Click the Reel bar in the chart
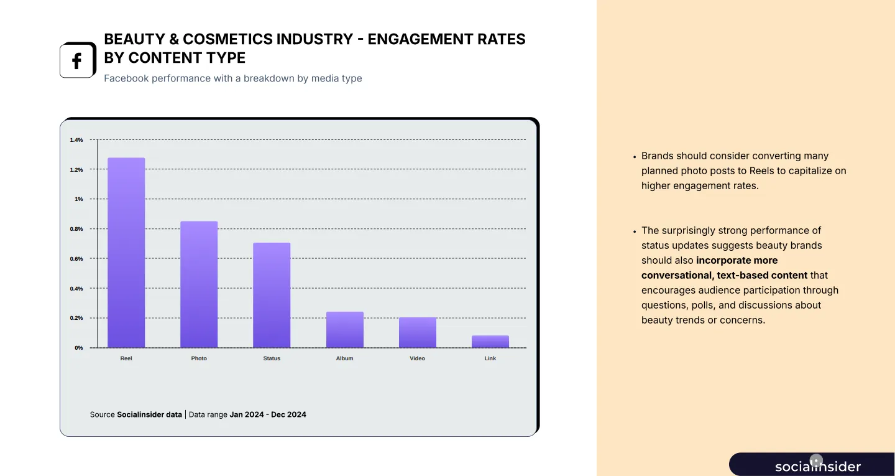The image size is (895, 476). click(126, 253)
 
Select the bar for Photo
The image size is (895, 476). click(199, 284)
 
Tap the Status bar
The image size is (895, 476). click(272, 295)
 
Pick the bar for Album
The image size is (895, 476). click(345, 330)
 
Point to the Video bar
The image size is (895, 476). click(418, 332)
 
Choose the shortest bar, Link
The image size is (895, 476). click(490, 342)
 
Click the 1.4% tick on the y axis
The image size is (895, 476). click(76, 140)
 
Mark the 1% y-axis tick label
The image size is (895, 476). click(78, 199)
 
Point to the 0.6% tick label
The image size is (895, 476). click(76, 259)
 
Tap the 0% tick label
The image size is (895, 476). click(79, 348)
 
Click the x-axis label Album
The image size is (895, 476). click(344, 358)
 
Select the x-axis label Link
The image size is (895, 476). click(490, 358)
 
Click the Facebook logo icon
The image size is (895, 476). click(77, 61)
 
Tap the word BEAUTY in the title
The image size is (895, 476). click(132, 39)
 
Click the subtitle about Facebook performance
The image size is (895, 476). click(232, 78)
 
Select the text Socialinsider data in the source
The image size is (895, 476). click(149, 414)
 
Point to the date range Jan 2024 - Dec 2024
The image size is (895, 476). click(268, 414)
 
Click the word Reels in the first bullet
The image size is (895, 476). click(763, 170)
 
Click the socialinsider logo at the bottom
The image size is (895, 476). click(817, 466)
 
